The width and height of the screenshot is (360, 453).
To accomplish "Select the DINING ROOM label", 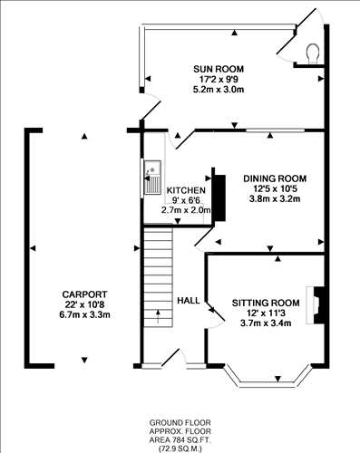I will click(274, 178).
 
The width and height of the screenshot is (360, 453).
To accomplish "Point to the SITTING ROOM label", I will click(265, 302).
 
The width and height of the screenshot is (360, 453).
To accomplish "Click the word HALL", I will click(189, 301).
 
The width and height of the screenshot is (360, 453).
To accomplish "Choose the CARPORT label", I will click(84, 294).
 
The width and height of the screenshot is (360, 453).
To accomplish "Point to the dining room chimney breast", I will click(218, 196).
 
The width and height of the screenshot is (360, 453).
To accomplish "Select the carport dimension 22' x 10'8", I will click(84, 304).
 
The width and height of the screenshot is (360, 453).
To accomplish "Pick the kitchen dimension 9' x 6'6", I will click(185, 200).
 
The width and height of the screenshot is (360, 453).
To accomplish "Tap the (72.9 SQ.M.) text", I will click(180, 448).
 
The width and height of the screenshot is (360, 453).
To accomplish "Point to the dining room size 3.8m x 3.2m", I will click(274, 198).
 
